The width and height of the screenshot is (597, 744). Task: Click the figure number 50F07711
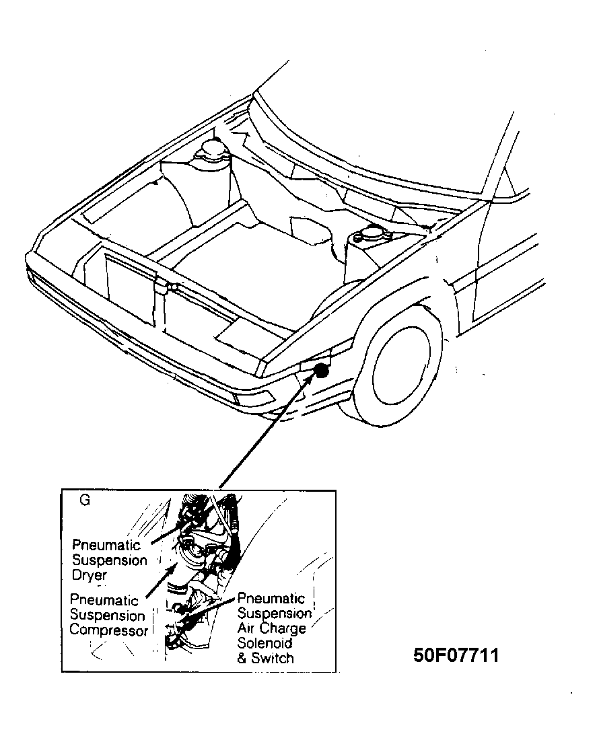coord(456,655)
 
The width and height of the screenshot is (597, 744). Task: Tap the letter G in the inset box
coord(85,500)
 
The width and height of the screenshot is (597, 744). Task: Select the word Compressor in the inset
coord(108,631)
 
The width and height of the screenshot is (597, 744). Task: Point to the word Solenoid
coord(265,643)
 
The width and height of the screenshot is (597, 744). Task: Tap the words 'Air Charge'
coord(271,628)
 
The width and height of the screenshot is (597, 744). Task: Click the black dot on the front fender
coord(322,369)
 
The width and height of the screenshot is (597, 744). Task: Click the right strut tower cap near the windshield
coord(367,236)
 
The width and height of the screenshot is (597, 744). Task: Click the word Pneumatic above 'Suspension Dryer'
coord(106,544)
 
